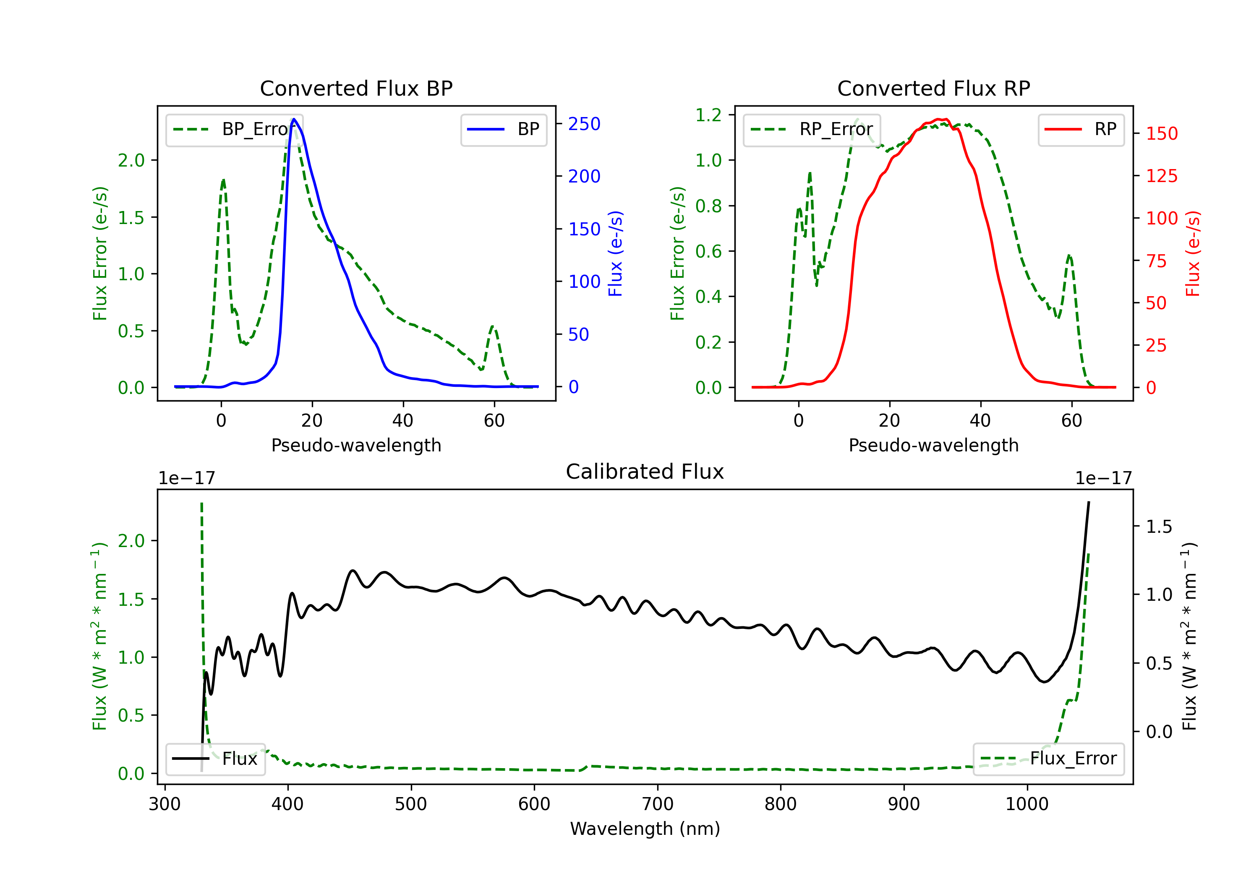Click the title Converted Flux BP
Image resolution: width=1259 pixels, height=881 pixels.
(356, 88)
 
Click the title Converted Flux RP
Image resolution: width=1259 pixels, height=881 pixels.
(933, 88)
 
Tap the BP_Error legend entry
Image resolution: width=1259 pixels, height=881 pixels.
(234, 129)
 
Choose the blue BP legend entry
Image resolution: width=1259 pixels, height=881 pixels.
(503, 129)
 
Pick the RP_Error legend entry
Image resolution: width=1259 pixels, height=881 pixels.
(812, 129)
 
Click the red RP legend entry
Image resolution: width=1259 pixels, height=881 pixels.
(1081, 129)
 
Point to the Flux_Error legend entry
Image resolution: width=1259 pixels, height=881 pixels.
(1048, 759)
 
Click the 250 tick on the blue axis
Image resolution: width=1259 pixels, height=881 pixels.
(584, 124)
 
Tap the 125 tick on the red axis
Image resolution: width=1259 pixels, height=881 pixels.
(1161, 176)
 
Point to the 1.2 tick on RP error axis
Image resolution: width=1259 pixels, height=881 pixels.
(708, 115)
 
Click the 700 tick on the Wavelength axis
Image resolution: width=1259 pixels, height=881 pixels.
(658, 804)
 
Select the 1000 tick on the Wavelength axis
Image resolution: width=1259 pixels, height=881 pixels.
(1027, 804)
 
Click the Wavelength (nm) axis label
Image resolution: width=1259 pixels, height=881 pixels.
(645, 829)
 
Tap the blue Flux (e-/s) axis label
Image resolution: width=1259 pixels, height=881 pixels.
(616, 253)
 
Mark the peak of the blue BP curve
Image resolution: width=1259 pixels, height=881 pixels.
(294, 119)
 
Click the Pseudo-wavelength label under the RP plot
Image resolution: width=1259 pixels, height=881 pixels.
(933, 445)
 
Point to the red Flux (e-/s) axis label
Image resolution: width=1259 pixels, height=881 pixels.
(1193, 253)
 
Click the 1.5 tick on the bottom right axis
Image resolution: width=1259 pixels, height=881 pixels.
(1159, 527)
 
